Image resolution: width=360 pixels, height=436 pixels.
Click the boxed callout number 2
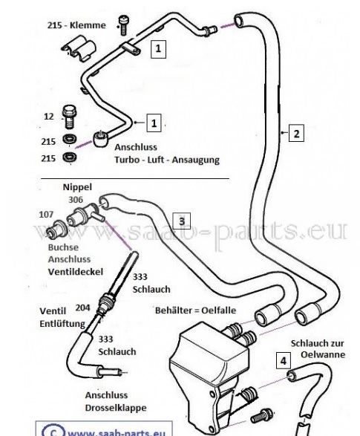(296, 133)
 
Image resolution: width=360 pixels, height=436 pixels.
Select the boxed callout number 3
(182, 221)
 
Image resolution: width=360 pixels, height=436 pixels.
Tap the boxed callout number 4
(284, 361)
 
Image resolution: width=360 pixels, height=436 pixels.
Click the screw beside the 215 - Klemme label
(122, 25)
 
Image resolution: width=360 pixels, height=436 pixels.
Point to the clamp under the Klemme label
(79, 48)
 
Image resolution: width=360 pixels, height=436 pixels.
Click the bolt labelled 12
(69, 117)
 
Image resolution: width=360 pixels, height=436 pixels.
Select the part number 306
(76, 199)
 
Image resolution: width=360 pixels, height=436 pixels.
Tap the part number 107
(46, 215)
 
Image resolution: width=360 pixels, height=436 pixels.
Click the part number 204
(83, 308)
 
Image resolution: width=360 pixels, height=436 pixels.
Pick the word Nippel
(77, 187)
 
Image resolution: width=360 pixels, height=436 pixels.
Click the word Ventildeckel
(76, 272)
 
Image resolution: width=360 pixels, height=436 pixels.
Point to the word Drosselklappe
(116, 408)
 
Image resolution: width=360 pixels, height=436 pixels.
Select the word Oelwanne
(323, 354)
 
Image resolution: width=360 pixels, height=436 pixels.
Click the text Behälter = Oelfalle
(195, 310)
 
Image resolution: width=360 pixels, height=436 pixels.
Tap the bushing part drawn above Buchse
(56, 229)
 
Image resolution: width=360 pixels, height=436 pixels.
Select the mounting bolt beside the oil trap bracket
(261, 416)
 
